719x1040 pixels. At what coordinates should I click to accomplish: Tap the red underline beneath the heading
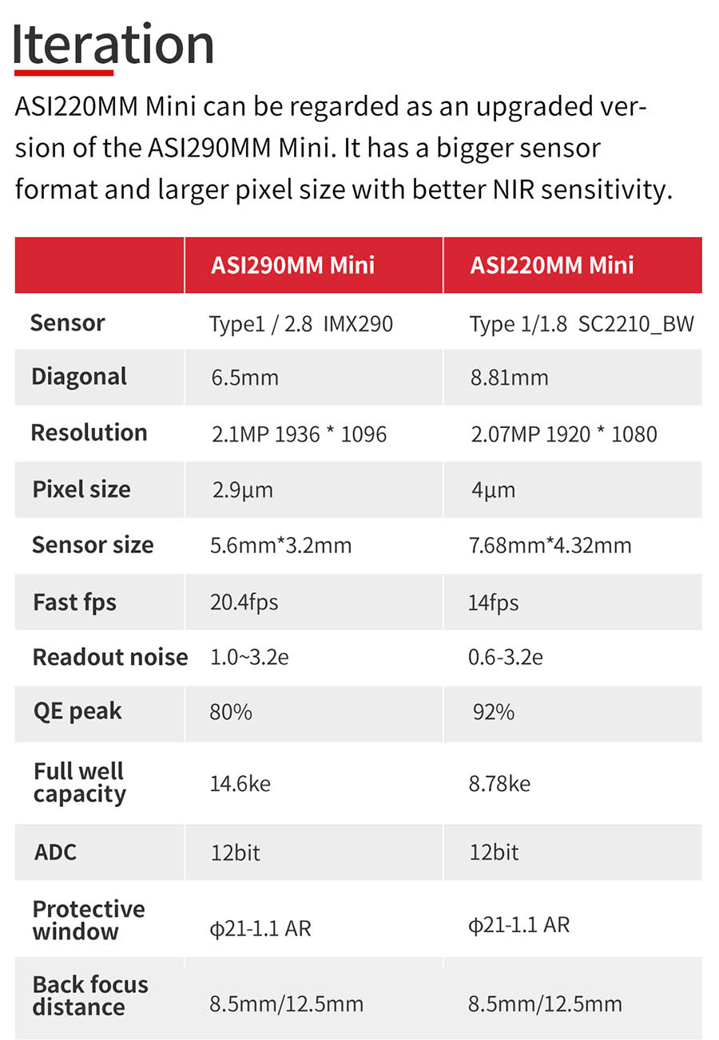(x=64, y=73)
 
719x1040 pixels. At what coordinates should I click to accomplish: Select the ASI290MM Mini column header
(x=292, y=265)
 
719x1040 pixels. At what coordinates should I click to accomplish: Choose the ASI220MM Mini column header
(x=552, y=265)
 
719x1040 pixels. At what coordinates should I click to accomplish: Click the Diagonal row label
(x=79, y=377)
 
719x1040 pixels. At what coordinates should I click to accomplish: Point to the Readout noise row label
(x=110, y=657)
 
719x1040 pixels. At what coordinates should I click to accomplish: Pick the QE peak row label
(x=77, y=712)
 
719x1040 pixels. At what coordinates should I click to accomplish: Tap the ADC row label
(x=55, y=852)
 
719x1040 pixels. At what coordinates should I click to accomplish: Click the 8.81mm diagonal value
(x=509, y=378)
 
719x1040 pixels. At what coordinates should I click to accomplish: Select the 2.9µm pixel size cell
(x=242, y=490)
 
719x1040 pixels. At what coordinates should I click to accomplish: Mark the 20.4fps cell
(x=244, y=602)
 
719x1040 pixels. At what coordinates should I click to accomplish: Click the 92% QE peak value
(x=493, y=712)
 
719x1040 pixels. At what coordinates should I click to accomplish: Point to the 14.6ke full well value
(x=240, y=784)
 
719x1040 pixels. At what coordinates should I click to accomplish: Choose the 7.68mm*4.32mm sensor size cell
(x=550, y=545)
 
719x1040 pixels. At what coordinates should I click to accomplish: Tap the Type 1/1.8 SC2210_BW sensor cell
(x=582, y=323)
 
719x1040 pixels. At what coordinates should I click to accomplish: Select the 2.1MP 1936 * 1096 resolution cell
(x=299, y=434)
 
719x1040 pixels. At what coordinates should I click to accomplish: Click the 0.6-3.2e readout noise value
(x=505, y=658)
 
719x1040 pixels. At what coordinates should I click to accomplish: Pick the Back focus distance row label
(x=90, y=996)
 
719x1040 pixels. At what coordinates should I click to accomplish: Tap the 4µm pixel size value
(x=493, y=490)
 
